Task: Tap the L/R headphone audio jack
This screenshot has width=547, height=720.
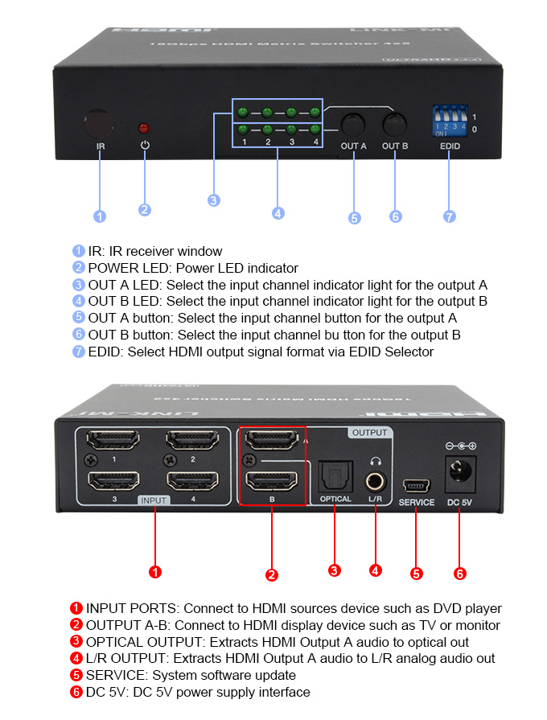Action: click(375, 481)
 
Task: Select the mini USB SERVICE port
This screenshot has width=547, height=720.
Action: click(416, 486)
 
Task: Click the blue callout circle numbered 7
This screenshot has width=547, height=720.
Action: click(449, 216)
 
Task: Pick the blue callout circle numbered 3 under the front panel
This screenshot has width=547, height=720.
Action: click(214, 200)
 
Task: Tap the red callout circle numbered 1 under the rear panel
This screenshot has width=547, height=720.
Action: click(155, 572)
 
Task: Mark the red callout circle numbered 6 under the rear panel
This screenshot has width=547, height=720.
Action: click(459, 574)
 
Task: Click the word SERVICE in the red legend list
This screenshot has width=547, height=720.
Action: click(109, 675)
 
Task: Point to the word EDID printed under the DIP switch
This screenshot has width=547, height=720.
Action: click(450, 146)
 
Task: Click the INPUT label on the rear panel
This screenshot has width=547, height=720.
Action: click(154, 500)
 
